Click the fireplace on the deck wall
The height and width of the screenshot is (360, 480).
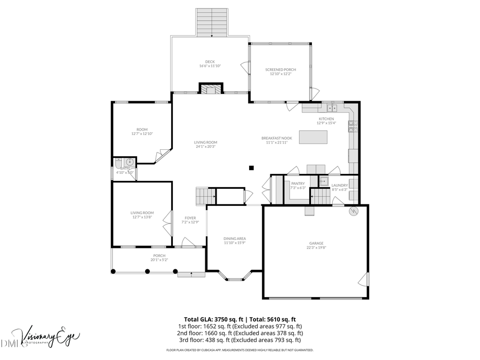tap(210, 89)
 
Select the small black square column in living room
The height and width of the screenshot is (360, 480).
tap(251, 168)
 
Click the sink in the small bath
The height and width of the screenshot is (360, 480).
tap(130, 163)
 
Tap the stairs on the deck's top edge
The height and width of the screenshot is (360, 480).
tap(212, 22)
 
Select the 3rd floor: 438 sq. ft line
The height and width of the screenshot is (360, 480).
tap(240, 339)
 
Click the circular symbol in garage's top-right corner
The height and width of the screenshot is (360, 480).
tap(352, 211)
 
